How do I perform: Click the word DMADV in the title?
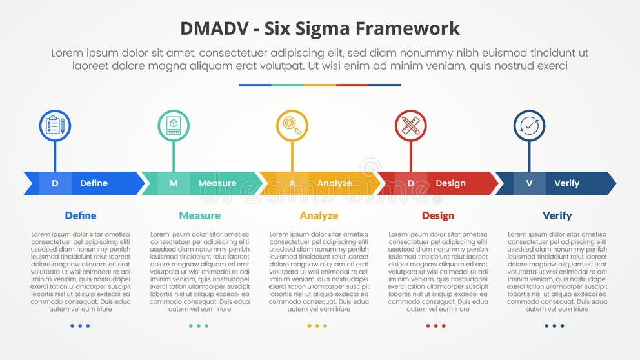click(212, 28)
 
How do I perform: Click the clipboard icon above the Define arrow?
click(55, 126)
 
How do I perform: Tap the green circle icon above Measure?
click(174, 126)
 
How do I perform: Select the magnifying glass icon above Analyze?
click(292, 126)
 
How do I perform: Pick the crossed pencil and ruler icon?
click(411, 126)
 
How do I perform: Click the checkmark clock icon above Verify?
click(529, 126)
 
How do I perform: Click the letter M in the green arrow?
click(174, 183)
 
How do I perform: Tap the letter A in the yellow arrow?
click(292, 183)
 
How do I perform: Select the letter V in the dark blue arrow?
click(529, 183)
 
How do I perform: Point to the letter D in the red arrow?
click(411, 183)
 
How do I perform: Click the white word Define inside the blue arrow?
click(94, 183)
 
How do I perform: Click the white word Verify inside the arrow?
click(566, 183)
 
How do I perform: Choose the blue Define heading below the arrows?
click(81, 215)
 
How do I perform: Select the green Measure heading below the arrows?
click(199, 215)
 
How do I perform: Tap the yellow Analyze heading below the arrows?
click(319, 215)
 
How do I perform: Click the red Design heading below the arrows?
click(437, 215)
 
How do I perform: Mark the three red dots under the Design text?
click(435, 326)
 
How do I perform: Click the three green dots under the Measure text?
click(198, 326)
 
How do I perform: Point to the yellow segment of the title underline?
click(320, 85)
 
